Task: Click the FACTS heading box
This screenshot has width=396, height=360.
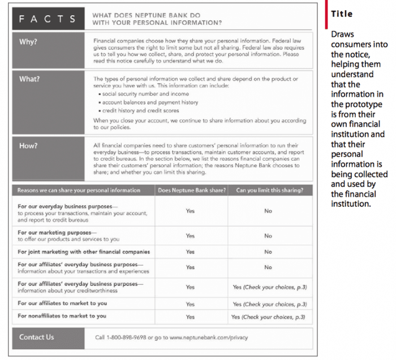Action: [x=48, y=19]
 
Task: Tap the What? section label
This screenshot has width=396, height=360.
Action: [x=29, y=79]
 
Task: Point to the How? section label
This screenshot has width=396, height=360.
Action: [x=28, y=146]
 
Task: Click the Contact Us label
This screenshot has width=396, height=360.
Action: [x=37, y=337]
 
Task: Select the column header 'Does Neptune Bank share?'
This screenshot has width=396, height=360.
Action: [x=191, y=190]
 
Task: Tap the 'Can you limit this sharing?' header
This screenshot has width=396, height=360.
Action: [x=269, y=190]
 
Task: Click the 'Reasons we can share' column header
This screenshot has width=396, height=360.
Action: [x=79, y=190]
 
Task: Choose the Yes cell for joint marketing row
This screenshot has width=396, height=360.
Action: [x=190, y=252]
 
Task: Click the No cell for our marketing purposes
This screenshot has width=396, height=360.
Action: [x=268, y=236]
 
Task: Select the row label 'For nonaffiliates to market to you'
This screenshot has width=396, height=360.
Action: [x=62, y=316]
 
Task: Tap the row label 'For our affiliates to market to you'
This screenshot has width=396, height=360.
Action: [x=62, y=303]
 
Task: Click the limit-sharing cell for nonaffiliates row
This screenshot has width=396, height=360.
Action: [x=269, y=316]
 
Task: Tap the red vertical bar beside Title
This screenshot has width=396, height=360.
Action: [x=326, y=14]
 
